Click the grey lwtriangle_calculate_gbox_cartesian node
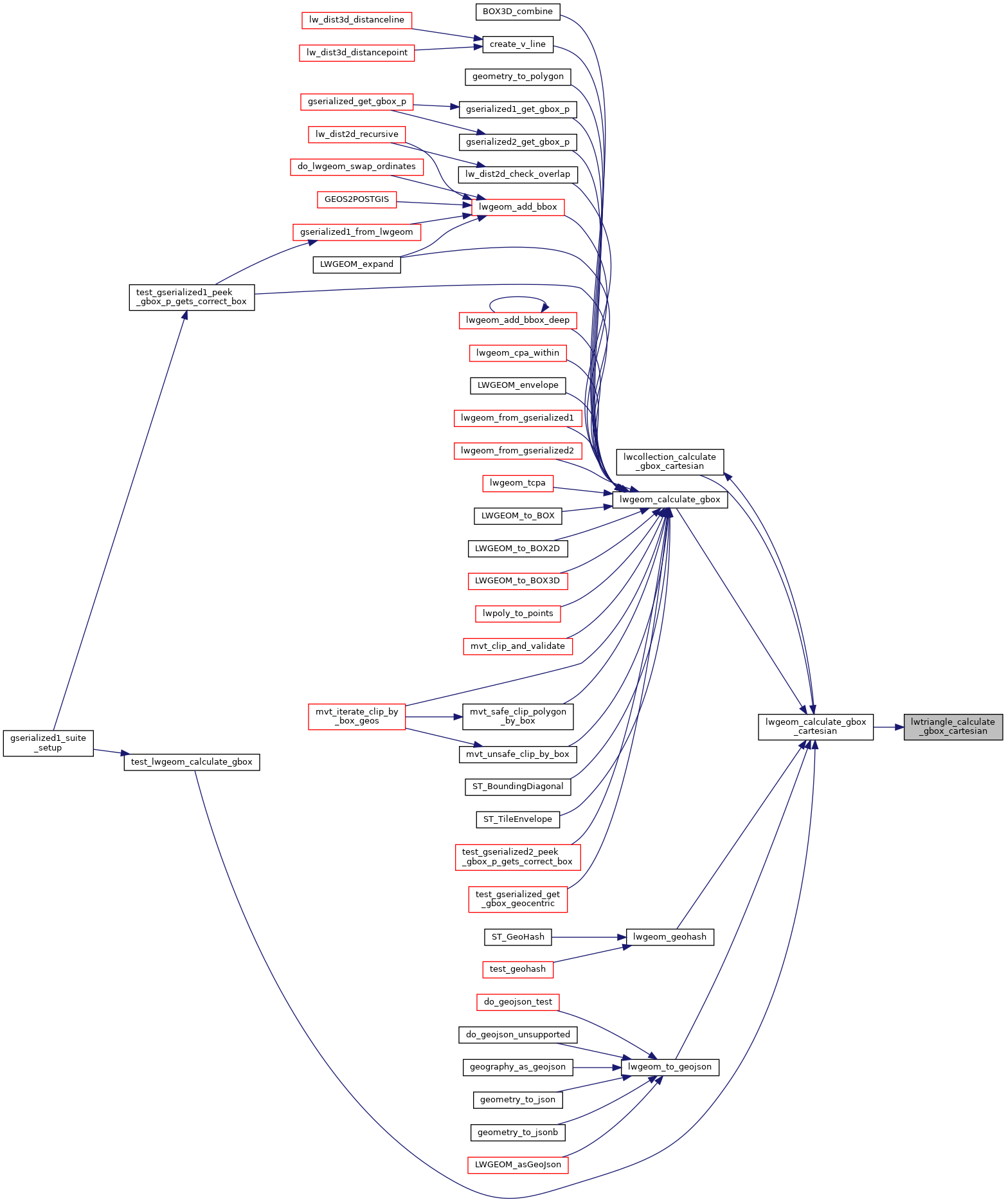point(953,727)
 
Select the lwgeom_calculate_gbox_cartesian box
point(816,727)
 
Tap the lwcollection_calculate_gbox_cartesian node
point(670,462)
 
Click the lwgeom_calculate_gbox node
point(670,500)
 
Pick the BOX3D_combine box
point(517,12)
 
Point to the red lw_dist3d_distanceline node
point(357,20)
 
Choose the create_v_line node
point(517,44)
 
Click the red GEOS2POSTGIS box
point(357,199)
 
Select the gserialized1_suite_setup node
point(48,743)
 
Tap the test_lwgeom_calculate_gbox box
point(192,762)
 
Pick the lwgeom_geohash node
point(670,937)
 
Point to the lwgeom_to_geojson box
point(670,1067)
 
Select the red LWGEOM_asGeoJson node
point(517,1165)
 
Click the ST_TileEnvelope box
point(517,819)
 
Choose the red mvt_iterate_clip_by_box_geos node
point(357,716)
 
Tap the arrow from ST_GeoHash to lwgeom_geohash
point(589,937)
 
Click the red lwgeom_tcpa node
point(517,483)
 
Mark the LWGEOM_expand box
point(357,264)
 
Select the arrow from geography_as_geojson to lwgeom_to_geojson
point(597,1067)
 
